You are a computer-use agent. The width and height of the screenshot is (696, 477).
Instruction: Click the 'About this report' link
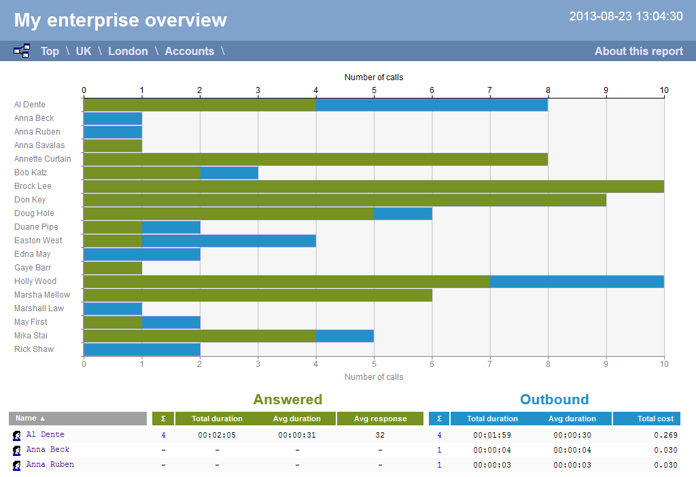[x=638, y=51]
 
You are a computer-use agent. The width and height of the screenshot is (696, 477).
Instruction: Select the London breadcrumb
[x=128, y=51]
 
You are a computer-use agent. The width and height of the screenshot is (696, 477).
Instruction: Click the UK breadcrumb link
[x=84, y=51]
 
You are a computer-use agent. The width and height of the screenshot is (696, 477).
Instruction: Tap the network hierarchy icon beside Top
[x=22, y=51]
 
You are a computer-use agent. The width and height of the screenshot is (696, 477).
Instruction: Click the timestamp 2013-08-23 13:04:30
[x=625, y=16]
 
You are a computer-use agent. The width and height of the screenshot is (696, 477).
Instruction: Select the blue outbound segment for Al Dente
[x=432, y=105]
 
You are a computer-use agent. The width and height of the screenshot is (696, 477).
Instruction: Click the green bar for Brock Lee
[x=373, y=186]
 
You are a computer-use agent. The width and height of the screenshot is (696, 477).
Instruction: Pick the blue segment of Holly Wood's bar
[x=576, y=281]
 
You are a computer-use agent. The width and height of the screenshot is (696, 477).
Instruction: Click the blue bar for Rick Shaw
[x=141, y=349]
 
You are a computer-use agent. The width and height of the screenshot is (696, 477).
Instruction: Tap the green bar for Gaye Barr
[x=112, y=268]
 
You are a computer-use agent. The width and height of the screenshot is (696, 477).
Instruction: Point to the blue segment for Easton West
[x=228, y=241]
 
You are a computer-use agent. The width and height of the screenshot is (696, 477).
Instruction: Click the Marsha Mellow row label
[x=42, y=295]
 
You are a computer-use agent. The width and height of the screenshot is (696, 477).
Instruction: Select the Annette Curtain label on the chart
[x=43, y=159]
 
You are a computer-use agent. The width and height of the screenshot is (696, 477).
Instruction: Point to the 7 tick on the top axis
[x=489, y=90]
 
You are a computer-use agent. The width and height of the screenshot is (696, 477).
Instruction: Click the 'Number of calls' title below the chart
[x=373, y=377]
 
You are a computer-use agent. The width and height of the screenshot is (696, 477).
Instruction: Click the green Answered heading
[x=288, y=400]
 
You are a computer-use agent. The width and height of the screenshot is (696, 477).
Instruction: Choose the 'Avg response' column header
[x=380, y=419]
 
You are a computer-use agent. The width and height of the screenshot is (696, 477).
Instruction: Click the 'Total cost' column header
[x=655, y=419]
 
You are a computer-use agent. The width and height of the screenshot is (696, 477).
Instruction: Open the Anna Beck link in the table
[x=48, y=450]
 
